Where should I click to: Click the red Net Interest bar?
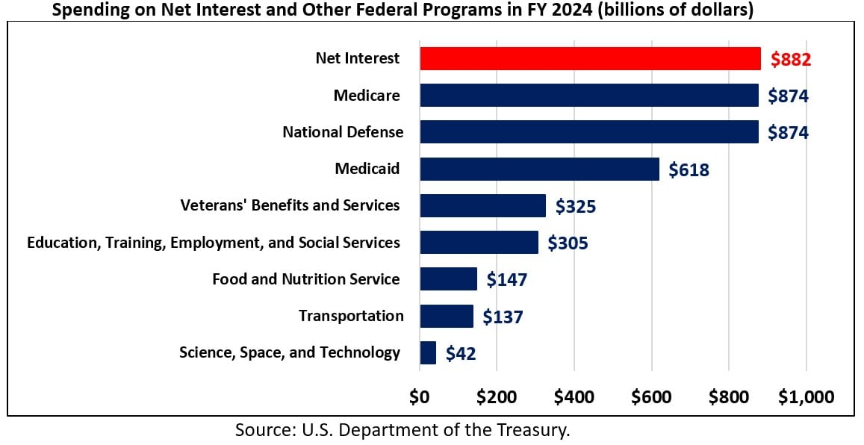coord(590,58)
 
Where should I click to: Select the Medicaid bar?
coord(539,169)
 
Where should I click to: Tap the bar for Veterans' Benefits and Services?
coord(482,205)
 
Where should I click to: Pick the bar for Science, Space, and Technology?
coord(428,352)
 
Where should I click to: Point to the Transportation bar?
coord(447,316)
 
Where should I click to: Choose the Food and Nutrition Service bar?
coord(448,279)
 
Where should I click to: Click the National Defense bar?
coord(588,132)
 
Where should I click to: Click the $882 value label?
coord(790,59)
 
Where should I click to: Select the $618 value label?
coord(689,169)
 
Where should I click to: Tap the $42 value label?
coord(461,353)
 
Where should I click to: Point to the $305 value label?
coord(568,243)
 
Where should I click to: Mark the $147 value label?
coord(507,280)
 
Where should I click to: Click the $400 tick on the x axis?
coord(574,396)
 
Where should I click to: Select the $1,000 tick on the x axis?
coord(806,396)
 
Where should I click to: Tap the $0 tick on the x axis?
coord(420,396)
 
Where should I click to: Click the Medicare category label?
coord(367,96)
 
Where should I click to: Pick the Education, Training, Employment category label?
coord(214,243)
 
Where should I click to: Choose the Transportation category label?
coord(351,316)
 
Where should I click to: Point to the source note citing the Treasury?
coord(403,430)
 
